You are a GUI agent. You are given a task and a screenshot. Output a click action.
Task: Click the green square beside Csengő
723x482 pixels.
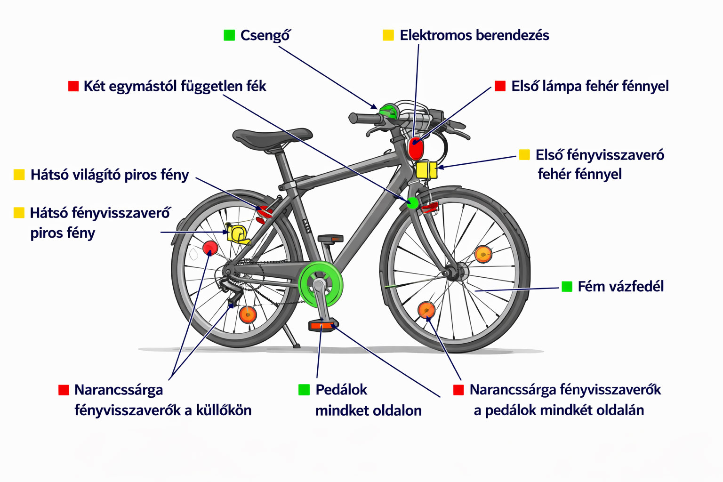229,35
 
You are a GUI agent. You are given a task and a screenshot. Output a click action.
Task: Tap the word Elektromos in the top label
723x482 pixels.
435,35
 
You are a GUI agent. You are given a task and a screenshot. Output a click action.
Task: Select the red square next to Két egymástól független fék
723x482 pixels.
73,86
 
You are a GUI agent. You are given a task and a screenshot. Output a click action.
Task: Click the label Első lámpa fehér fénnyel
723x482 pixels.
590,86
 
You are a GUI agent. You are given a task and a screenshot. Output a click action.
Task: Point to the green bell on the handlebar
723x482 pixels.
389,112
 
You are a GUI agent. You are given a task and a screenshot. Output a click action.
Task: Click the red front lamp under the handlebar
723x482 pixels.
416,149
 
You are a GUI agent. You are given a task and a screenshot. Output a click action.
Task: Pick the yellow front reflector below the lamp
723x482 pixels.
426,170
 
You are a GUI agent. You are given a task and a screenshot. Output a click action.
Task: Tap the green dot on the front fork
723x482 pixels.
412,203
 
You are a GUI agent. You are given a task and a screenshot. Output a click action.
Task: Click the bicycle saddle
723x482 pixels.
272,136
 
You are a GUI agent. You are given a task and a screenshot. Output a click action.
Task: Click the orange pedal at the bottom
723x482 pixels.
323,325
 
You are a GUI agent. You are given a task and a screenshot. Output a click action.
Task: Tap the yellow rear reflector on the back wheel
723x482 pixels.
237,233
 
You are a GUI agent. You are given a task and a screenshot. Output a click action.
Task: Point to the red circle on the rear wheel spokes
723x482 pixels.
210,248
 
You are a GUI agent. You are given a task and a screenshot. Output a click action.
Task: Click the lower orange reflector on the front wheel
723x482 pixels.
426,310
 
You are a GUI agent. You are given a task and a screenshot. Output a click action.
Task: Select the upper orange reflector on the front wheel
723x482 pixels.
483,254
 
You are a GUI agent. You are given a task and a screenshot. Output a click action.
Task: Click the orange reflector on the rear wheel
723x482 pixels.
248,314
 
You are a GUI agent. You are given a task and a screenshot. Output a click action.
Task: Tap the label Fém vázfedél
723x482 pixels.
620,287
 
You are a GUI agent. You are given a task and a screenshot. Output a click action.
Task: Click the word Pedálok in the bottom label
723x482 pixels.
341,390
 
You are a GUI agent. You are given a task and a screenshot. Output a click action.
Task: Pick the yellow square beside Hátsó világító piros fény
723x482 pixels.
19,175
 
